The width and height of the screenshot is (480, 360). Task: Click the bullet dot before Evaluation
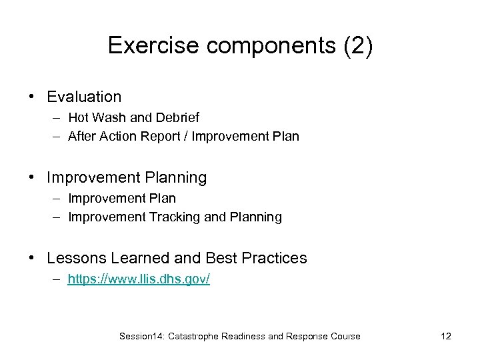(32, 97)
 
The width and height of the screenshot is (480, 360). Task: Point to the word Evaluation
(84, 97)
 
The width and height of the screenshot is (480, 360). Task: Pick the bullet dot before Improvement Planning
(32, 178)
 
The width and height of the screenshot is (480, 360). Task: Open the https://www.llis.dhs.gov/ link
(139, 279)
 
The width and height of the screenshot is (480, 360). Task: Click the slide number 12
(446, 337)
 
